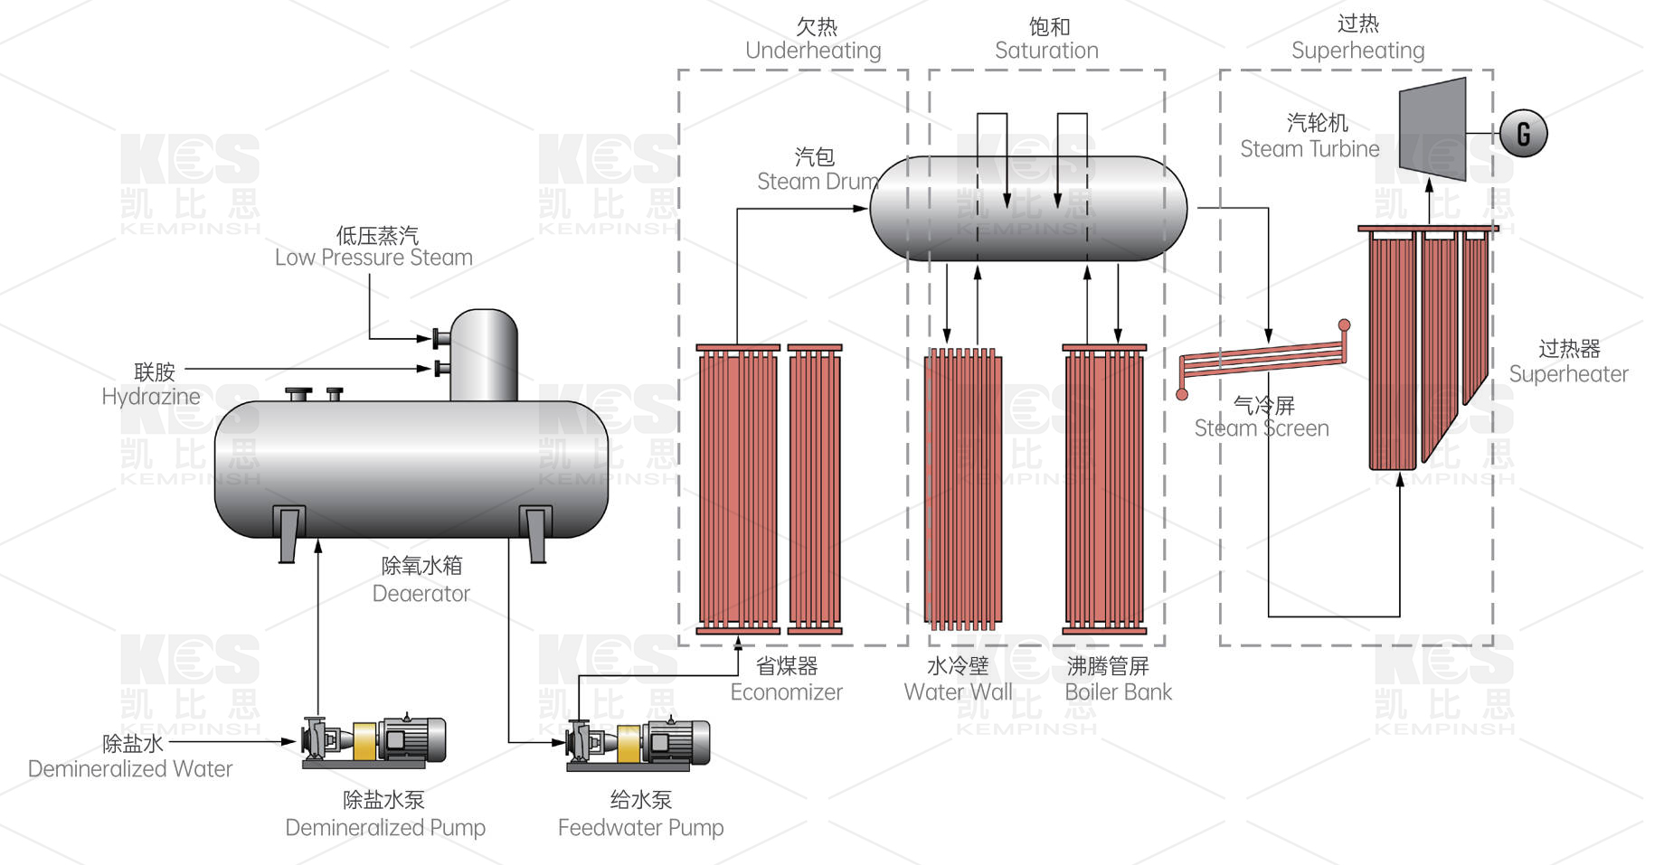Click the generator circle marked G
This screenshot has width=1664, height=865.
click(1523, 133)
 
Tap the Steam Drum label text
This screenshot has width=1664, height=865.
click(817, 181)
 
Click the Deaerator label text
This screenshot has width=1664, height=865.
click(421, 593)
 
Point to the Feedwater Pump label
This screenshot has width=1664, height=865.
click(640, 827)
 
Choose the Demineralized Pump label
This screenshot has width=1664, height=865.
click(385, 827)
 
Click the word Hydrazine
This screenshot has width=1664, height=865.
click(151, 396)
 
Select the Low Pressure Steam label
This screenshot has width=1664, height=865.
click(373, 258)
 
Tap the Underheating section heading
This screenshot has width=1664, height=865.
click(813, 51)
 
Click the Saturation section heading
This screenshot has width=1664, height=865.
click(1046, 51)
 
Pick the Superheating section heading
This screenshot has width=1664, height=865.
click(1357, 51)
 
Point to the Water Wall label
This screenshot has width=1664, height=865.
click(958, 691)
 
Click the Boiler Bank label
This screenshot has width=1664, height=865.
click(1118, 691)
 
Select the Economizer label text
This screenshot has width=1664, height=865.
click(786, 691)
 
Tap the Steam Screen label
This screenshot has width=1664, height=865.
click(1262, 428)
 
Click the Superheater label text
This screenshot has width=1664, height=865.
click(1568, 373)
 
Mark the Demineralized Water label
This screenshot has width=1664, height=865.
click(130, 768)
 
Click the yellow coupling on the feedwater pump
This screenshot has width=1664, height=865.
click(630, 743)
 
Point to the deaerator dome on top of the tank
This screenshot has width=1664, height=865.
click(484, 353)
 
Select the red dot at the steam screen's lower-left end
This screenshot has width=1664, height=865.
click(1182, 394)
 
